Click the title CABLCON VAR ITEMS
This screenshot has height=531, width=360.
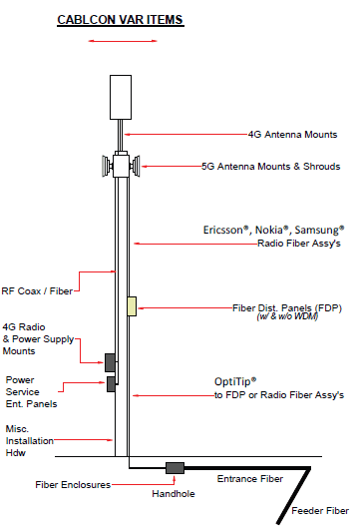click(121, 20)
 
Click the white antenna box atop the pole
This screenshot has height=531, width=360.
click(121, 97)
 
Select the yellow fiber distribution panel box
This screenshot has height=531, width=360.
click(132, 306)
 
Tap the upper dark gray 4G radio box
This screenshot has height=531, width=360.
click(110, 362)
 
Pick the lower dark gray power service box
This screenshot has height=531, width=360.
click(111, 384)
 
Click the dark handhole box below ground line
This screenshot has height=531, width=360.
click(175, 468)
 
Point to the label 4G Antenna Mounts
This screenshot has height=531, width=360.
click(292, 135)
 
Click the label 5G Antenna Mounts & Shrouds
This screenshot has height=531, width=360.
click(270, 167)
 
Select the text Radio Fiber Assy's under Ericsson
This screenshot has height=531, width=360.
click(299, 244)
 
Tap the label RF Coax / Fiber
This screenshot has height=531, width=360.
click(37, 291)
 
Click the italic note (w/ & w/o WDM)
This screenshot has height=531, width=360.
click(287, 316)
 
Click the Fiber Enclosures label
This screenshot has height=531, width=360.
click(73, 485)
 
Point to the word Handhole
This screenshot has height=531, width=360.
click(174, 494)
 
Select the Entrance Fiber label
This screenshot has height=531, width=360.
click(250, 479)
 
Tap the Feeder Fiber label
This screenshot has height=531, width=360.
click(320, 511)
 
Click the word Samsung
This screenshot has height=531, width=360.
click(319, 231)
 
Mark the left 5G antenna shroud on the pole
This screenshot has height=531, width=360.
click(108, 166)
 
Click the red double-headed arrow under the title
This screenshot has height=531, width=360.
click(123, 41)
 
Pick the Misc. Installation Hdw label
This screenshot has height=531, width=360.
click(30, 441)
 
